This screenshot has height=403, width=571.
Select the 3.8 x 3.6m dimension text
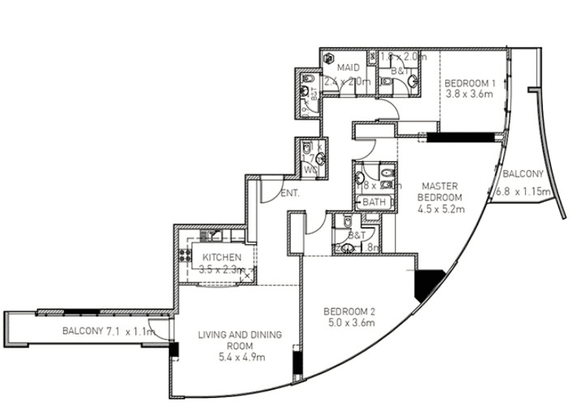click(469, 94)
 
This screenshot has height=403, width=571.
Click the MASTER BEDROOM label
click(437, 192)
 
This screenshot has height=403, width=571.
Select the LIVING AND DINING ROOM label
click(240, 340)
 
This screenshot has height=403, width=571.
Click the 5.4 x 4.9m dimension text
click(240, 357)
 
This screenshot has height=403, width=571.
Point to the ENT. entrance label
click(289, 194)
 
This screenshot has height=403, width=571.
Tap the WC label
click(311, 169)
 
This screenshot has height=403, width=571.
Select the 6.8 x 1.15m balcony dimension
click(524, 192)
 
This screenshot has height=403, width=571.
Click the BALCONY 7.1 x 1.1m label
click(108, 331)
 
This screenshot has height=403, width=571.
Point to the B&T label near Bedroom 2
click(357, 234)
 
